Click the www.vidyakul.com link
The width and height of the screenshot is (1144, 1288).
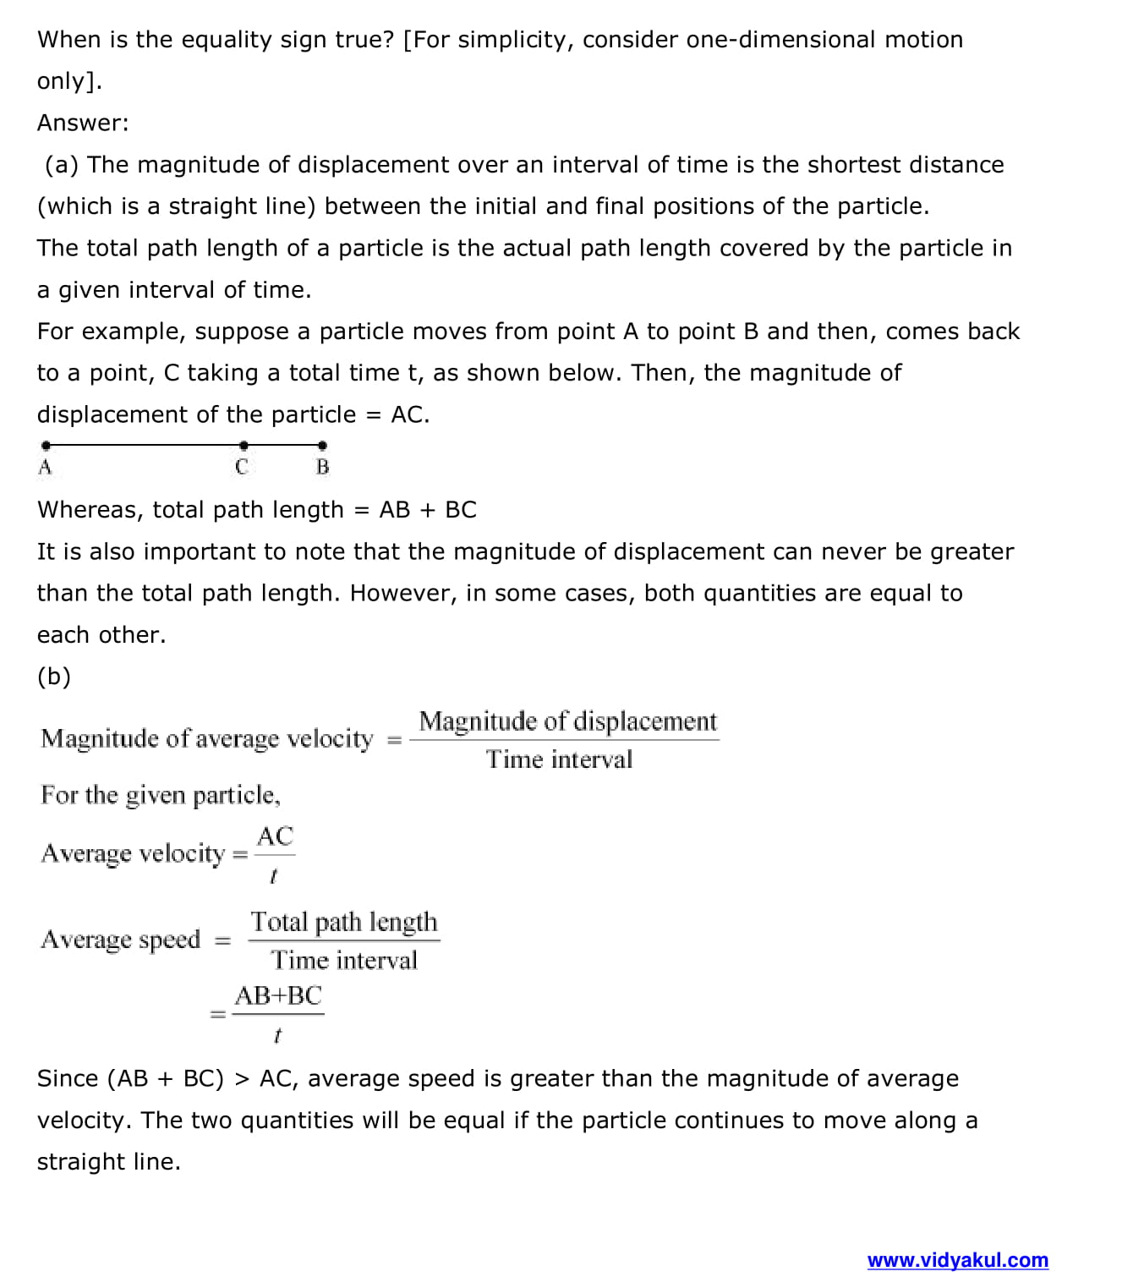coord(957,1260)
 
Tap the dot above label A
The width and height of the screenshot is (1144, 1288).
coord(46,445)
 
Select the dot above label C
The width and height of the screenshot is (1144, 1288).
coord(244,445)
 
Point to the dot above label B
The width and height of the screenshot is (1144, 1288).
coord(322,445)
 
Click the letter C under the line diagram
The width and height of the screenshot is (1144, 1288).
coord(242,466)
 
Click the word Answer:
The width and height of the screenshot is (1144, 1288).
coord(83,123)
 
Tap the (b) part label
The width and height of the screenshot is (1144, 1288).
coord(54,677)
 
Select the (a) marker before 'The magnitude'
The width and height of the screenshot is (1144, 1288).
coord(62,165)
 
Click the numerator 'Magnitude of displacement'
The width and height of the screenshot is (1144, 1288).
coord(567,721)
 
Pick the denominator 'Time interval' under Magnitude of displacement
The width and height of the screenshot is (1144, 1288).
coord(559,759)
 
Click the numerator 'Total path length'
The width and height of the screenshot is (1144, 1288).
coord(343,922)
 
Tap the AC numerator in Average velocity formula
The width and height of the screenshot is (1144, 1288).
coord(275,836)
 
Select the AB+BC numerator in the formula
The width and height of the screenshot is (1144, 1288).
coord(278,995)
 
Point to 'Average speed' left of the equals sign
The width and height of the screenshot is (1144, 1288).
coord(120,940)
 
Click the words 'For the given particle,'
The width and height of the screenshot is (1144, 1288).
coord(161,795)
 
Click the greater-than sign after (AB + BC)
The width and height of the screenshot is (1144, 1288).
coord(242,1079)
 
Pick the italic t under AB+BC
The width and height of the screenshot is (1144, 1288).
coord(277,1034)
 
